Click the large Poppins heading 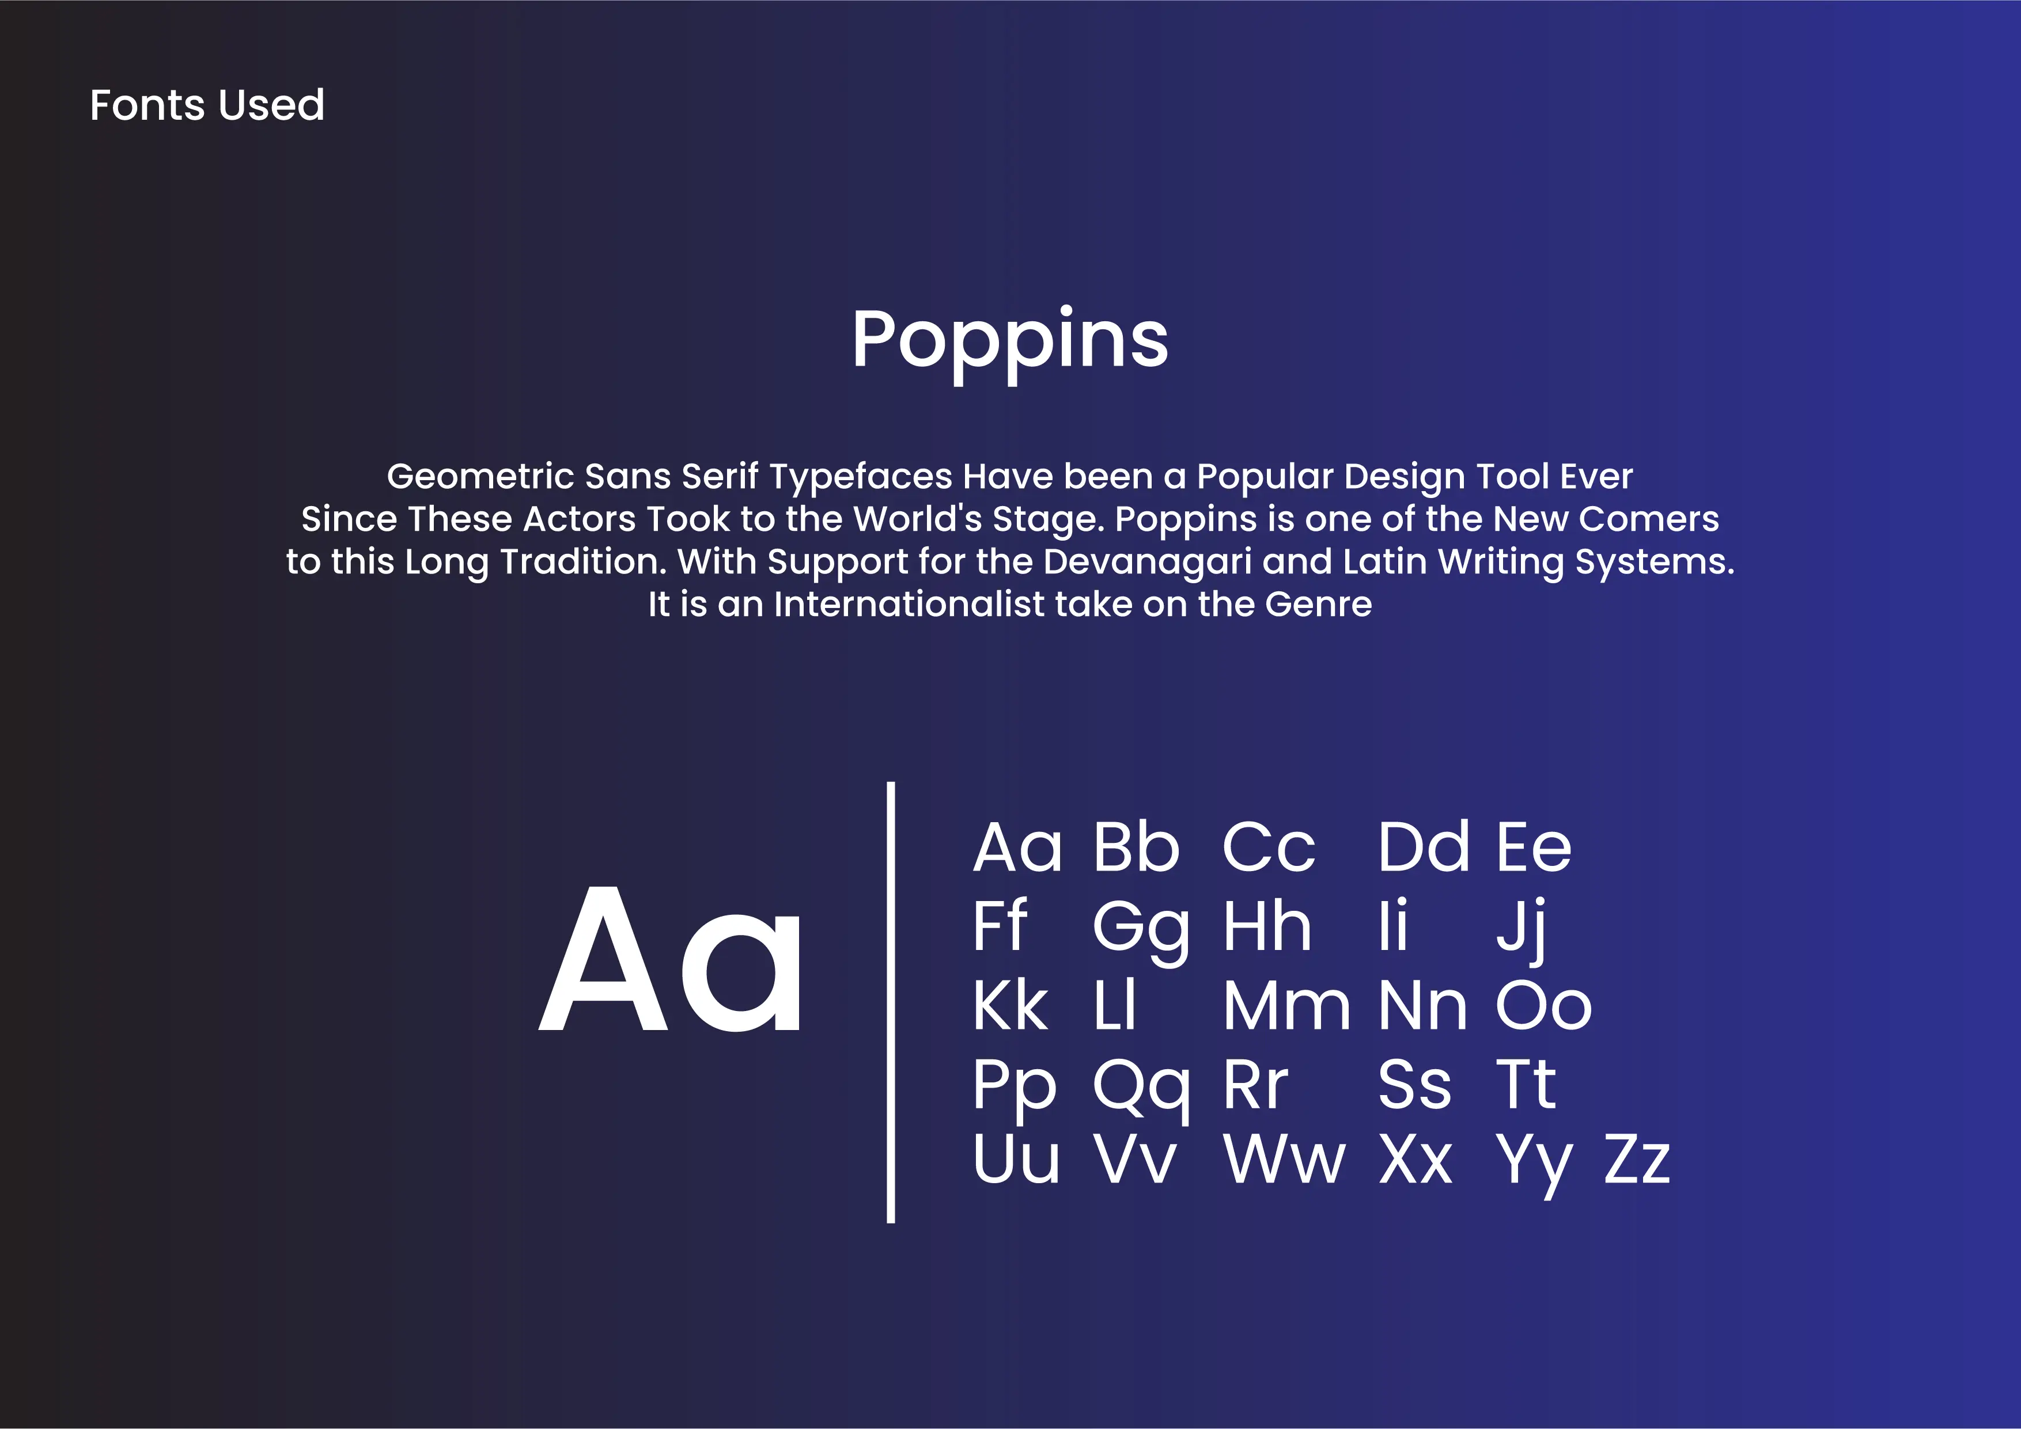[1009, 343]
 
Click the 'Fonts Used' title [207, 105]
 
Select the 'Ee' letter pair [1534, 847]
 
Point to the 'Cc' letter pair [1269, 847]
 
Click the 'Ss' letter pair [1414, 1084]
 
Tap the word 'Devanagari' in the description [1147, 563]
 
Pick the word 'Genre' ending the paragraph [1319, 605]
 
